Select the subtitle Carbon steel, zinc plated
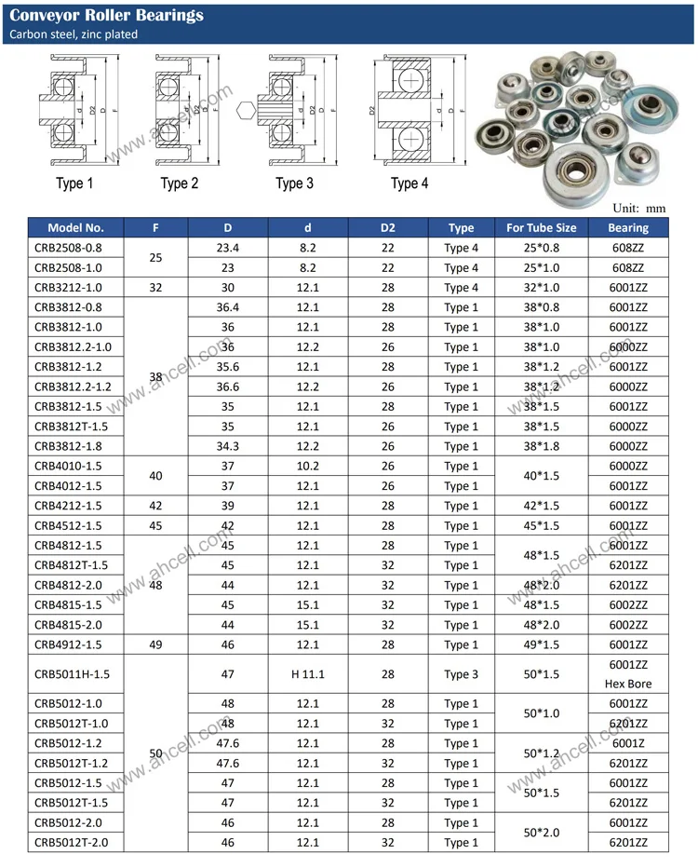click(74, 34)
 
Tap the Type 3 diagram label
click(295, 183)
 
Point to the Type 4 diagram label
click(409, 183)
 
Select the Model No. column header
click(76, 227)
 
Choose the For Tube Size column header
click(541, 227)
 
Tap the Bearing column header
click(628, 227)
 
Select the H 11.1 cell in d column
click(308, 674)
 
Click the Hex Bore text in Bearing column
click(628, 684)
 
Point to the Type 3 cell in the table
click(461, 674)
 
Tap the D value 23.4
click(228, 248)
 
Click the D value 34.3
click(228, 446)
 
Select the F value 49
click(155, 644)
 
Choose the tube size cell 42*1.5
click(541, 506)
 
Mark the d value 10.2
click(308, 466)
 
